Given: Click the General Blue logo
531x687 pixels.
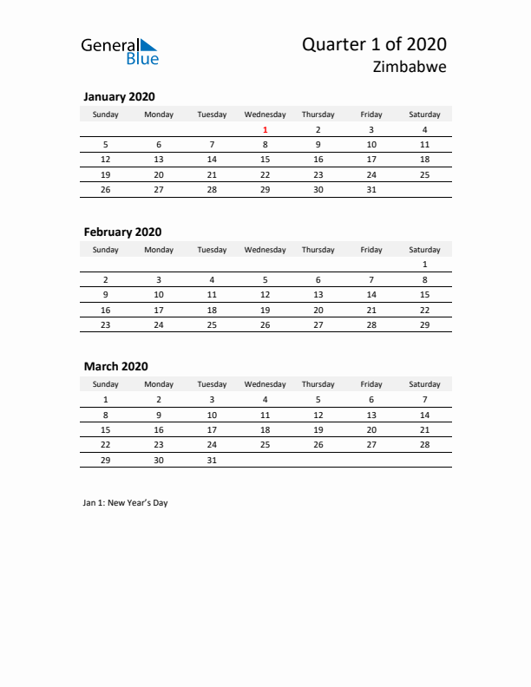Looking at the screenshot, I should click(x=120, y=51).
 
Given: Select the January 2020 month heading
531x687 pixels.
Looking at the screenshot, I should click(x=119, y=97).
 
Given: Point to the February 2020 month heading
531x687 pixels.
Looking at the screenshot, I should click(x=122, y=232).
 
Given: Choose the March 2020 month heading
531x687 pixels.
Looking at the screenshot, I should click(x=115, y=367).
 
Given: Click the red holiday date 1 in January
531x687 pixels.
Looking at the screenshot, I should click(x=265, y=130).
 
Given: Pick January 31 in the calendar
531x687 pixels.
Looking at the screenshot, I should click(x=371, y=189).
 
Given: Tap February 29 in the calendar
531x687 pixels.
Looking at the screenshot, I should click(x=424, y=324).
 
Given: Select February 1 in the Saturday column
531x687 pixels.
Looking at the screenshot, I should click(x=424, y=265).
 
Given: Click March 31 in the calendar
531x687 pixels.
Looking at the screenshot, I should click(x=212, y=461).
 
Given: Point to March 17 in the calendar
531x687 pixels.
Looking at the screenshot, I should click(x=212, y=429).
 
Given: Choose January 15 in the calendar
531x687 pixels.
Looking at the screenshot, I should click(x=265, y=160).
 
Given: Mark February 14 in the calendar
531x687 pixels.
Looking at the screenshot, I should click(x=371, y=295).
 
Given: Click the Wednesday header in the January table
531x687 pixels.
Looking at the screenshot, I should click(x=265, y=114).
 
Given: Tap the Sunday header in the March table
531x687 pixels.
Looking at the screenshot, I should click(x=106, y=384).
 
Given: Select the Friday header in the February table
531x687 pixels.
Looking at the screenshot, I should click(x=371, y=250).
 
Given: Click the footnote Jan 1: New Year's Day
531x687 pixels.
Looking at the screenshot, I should click(x=126, y=503).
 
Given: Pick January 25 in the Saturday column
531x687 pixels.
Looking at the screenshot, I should click(x=424, y=174).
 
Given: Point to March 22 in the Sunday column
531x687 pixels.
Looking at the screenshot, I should click(x=106, y=444).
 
